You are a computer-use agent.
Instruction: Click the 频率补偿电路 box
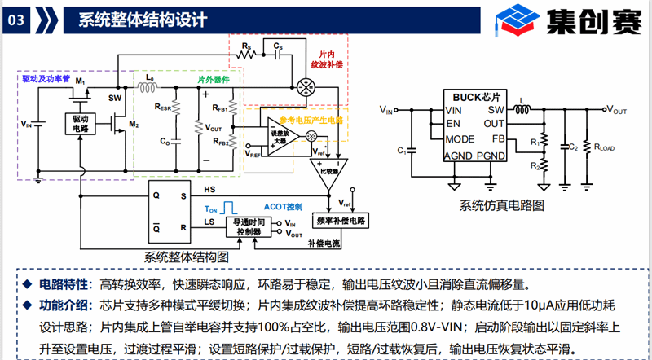pos(339,220)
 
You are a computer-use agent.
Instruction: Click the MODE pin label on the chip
pos(459,138)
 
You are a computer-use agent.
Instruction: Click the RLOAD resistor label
pos(608,147)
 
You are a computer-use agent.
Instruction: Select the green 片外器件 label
pos(214,80)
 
